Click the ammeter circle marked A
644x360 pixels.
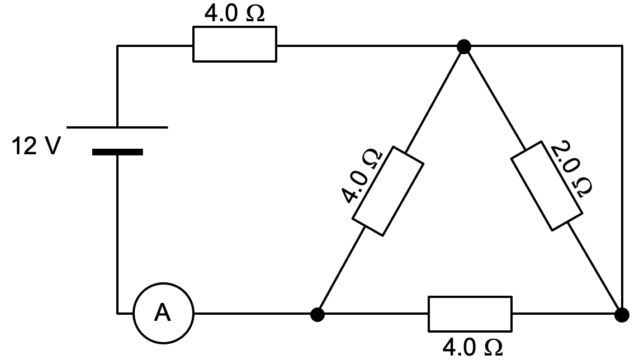click(163, 314)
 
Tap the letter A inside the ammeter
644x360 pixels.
click(163, 314)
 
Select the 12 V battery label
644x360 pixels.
click(35, 146)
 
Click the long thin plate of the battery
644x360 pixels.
click(117, 127)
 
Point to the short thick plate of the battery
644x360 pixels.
click(117, 151)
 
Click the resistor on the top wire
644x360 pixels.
click(234, 45)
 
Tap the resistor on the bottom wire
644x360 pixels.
click(470, 314)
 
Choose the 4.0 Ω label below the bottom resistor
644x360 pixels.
click(472, 348)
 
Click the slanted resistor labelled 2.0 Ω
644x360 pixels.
click(546, 186)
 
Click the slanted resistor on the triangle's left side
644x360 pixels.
click(387, 191)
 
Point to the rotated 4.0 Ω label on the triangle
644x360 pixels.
click(362, 176)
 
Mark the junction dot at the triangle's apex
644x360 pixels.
click(463, 47)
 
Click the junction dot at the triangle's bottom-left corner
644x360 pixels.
click(318, 314)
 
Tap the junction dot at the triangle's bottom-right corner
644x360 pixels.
click(622, 315)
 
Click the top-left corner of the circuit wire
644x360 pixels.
click(117, 46)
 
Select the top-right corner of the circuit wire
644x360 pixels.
click(622, 46)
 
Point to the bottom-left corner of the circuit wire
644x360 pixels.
click(117, 313)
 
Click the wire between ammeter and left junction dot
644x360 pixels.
click(252, 314)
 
